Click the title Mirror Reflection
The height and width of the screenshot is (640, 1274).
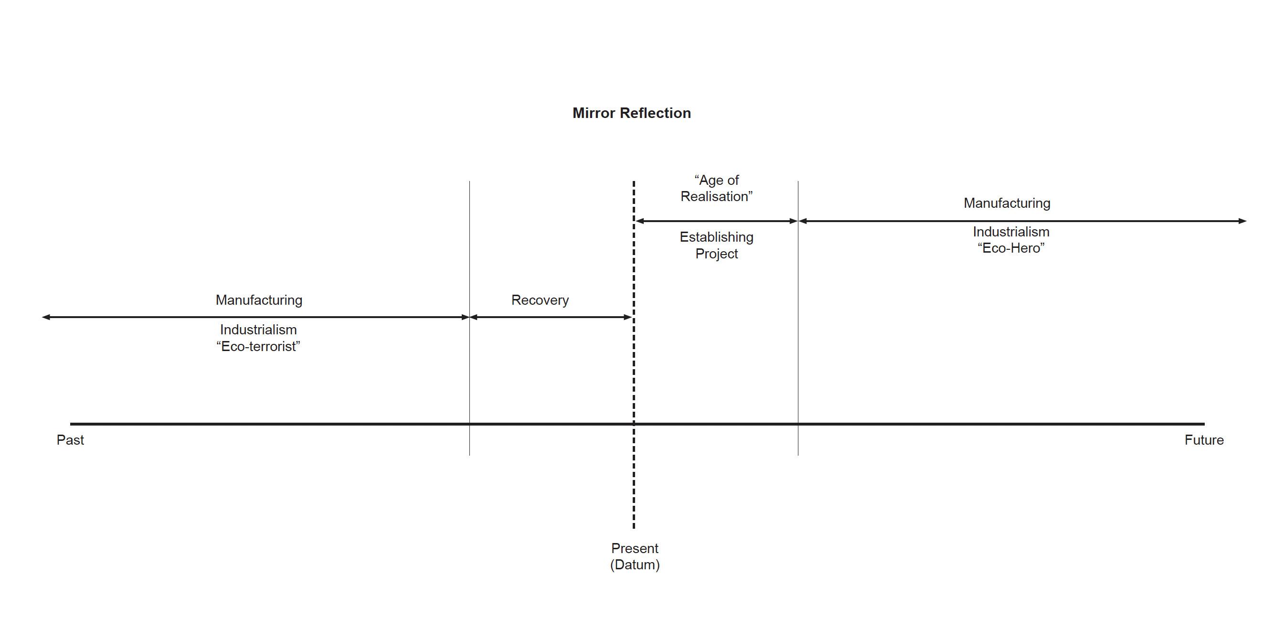click(631, 113)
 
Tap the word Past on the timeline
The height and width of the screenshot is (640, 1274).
click(70, 440)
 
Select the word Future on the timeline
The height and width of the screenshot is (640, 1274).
click(1204, 440)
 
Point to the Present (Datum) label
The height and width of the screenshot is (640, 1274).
click(635, 556)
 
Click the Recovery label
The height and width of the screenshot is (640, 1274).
click(540, 300)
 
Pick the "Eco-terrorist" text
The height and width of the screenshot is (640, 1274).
click(258, 346)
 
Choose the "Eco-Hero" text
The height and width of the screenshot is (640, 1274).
click(1011, 248)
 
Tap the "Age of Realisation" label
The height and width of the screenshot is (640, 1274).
click(716, 189)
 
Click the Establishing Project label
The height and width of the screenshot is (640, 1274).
click(716, 245)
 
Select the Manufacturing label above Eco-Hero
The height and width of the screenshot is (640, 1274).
click(1007, 203)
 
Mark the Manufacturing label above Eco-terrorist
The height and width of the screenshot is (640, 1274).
click(259, 300)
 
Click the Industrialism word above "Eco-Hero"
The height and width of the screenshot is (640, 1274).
click(1011, 232)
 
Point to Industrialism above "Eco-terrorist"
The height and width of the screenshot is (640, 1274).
click(258, 330)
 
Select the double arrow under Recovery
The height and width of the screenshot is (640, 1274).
click(551, 317)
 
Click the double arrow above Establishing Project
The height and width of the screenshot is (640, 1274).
click(716, 221)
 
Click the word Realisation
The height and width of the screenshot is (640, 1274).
click(716, 196)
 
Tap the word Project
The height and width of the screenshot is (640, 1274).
click(716, 254)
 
